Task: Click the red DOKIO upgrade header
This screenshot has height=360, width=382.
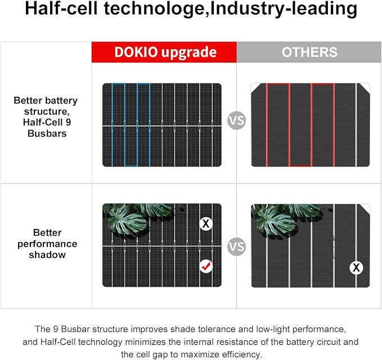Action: (164, 52)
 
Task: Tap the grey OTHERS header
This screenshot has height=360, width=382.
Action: (309, 52)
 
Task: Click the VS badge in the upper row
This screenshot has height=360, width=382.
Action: (236, 120)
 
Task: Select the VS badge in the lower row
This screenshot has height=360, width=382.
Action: (236, 246)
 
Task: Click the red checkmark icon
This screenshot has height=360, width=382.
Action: (206, 266)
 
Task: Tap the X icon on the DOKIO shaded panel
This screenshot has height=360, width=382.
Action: (206, 224)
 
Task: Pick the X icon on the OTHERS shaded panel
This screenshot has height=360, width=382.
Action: (356, 268)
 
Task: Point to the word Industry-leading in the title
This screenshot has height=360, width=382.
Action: (284, 8)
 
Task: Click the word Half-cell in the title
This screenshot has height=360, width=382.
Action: (61, 8)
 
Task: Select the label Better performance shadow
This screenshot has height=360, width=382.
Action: (47, 244)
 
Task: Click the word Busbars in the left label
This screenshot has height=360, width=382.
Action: (47, 133)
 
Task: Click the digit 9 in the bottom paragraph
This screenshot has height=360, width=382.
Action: (56, 329)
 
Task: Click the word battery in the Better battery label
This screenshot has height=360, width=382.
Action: (61, 101)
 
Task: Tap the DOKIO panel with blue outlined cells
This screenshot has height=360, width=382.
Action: (162, 125)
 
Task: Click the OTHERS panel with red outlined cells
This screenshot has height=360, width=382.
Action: (311, 125)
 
